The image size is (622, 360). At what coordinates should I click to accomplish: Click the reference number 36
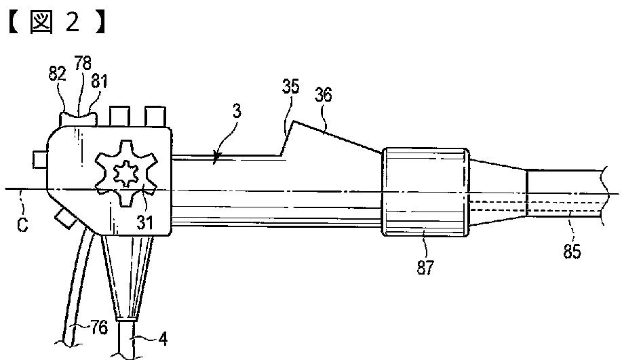coord(323,95)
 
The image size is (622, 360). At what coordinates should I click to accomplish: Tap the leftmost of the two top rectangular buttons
coord(120,115)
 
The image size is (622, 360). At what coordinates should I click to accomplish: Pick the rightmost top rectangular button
coord(155,115)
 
